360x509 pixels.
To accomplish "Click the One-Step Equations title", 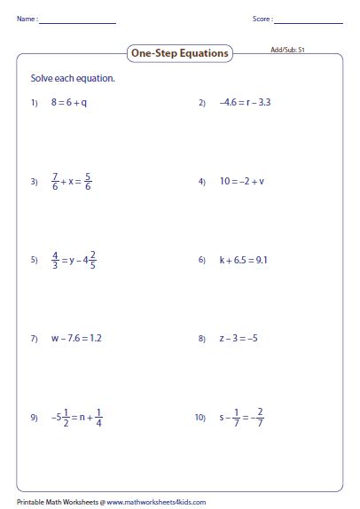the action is (180, 54).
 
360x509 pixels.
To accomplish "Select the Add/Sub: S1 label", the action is (287, 51).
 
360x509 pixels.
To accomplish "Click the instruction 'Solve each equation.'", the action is (74, 79).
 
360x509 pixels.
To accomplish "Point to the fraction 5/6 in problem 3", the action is (89, 182).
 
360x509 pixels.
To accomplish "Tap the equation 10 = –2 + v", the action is (242, 182).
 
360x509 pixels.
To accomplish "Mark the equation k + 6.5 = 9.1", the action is (246, 261).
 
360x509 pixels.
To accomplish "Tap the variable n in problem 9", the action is (82, 417).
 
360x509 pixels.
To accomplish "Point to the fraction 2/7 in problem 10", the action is (260, 417).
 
